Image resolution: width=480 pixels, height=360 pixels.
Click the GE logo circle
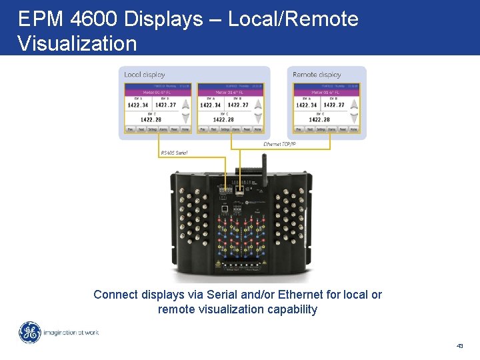point(29,332)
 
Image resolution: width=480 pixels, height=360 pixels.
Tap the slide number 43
point(460,346)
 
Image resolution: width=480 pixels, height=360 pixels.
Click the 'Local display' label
point(145,75)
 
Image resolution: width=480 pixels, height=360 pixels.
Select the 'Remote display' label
point(317,75)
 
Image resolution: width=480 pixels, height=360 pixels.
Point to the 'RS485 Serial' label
point(175,153)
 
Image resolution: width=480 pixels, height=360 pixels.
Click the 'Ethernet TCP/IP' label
point(281,144)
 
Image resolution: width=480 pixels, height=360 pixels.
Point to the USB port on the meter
point(225,208)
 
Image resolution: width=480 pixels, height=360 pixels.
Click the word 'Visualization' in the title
point(77,43)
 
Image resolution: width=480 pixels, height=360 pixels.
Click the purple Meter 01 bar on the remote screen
point(326,93)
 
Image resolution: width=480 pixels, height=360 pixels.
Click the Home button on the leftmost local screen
point(185,129)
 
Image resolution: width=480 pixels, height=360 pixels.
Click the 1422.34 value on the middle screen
point(210,105)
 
